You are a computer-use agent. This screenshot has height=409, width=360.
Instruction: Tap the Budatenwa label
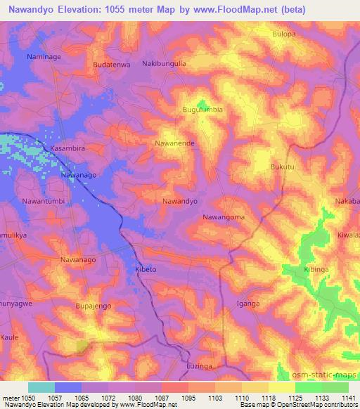coord(112,65)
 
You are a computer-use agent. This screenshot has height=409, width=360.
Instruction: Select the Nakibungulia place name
coord(164,63)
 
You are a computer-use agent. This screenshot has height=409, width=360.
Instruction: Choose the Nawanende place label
coord(174,143)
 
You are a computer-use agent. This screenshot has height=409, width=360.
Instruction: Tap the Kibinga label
coord(316,269)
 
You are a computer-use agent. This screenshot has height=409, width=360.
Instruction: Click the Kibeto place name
coord(146,269)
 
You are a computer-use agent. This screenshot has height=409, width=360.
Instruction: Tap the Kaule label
coord(9,337)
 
